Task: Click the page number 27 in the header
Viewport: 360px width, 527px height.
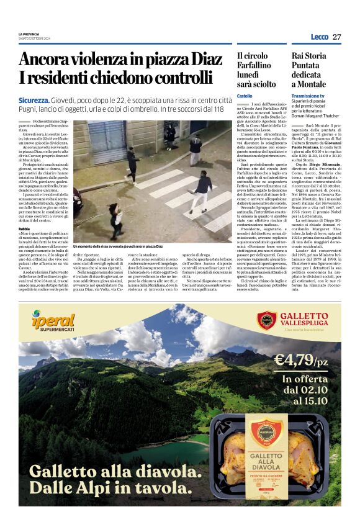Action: click(x=337, y=37)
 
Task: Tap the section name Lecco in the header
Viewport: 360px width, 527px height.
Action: click(x=319, y=37)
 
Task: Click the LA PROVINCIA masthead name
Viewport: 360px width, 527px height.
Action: click(x=29, y=34)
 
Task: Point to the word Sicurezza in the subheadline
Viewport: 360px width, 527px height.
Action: click(x=34, y=100)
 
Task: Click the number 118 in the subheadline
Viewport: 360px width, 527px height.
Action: click(x=215, y=109)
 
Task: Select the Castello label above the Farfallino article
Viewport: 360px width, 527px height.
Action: click(x=245, y=96)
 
